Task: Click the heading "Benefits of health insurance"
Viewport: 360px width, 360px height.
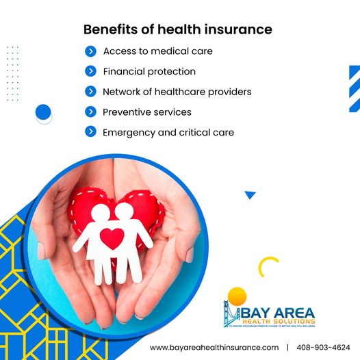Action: pyautogui.click(x=177, y=29)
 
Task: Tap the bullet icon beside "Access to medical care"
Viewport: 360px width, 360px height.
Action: pyautogui.click(x=90, y=51)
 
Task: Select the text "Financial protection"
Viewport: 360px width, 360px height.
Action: pyautogui.click(x=149, y=71)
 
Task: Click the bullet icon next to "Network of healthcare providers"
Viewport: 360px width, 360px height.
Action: pyautogui.click(x=90, y=91)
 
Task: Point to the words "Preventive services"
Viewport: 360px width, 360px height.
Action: pyautogui.click(x=147, y=112)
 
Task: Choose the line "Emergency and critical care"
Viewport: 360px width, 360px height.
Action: pyautogui.click(x=168, y=132)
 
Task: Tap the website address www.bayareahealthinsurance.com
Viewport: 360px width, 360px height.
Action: pyautogui.click(x=215, y=348)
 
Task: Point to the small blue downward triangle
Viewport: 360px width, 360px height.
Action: pyautogui.click(x=250, y=195)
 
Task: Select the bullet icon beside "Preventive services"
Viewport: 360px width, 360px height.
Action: pyautogui.click(x=90, y=112)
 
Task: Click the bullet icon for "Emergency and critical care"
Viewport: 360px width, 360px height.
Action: pyautogui.click(x=90, y=131)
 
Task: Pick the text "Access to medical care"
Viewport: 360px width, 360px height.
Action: pyautogui.click(x=157, y=51)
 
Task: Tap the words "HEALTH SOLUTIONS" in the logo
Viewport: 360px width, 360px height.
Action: pyautogui.click(x=281, y=320)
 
